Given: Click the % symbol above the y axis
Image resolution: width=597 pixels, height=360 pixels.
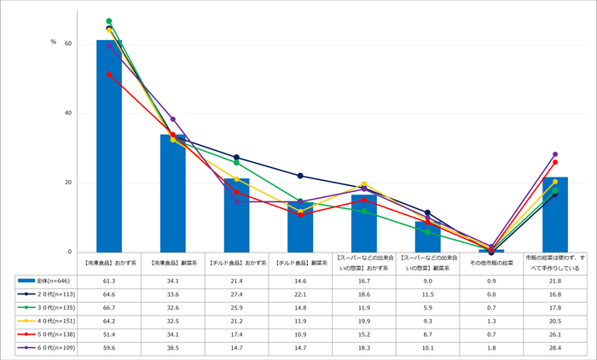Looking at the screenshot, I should [53, 42].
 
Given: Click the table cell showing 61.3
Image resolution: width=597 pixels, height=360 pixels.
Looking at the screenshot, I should [109, 280].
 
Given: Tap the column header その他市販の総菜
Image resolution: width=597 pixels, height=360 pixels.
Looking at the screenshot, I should [491, 262].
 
